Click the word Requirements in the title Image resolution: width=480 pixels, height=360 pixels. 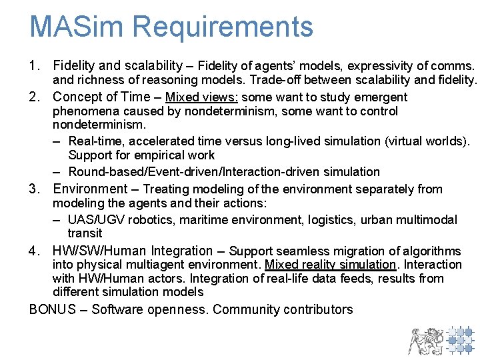(223, 28)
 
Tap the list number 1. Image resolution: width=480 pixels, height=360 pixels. (34, 66)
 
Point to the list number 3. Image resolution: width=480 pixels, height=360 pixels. (34, 189)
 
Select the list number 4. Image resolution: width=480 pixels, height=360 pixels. (34, 251)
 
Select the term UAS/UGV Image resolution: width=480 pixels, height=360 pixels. (97, 220)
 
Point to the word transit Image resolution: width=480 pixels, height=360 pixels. (85, 233)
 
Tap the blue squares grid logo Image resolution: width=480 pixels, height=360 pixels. (459, 339)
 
